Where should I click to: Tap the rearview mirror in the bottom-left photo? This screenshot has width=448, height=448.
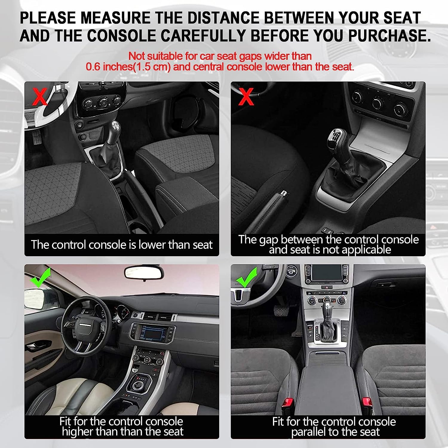pos(144,272)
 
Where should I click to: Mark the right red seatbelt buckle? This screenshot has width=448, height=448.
pos(366,403)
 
